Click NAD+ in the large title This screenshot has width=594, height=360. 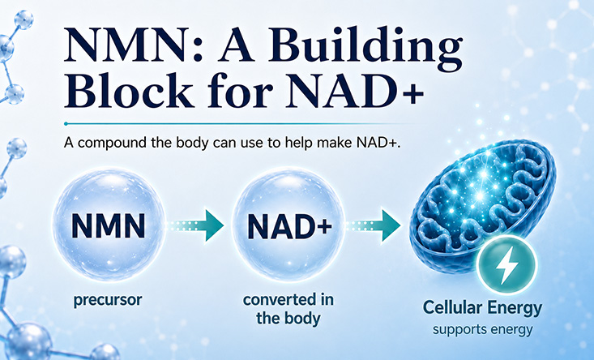pos(354,91)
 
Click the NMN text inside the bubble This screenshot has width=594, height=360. pos(109,226)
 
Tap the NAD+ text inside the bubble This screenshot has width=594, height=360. pos(290,226)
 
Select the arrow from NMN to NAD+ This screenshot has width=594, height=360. pos(195,226)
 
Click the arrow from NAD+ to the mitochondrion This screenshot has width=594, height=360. pos(373,226)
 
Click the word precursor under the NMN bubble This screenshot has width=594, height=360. pos(108,301)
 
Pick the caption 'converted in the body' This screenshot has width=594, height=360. pos(288,309)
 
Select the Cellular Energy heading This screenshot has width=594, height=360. pos(483,308)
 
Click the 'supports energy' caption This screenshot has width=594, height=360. pos(483,329)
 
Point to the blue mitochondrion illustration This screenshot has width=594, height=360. pos(482,204)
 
